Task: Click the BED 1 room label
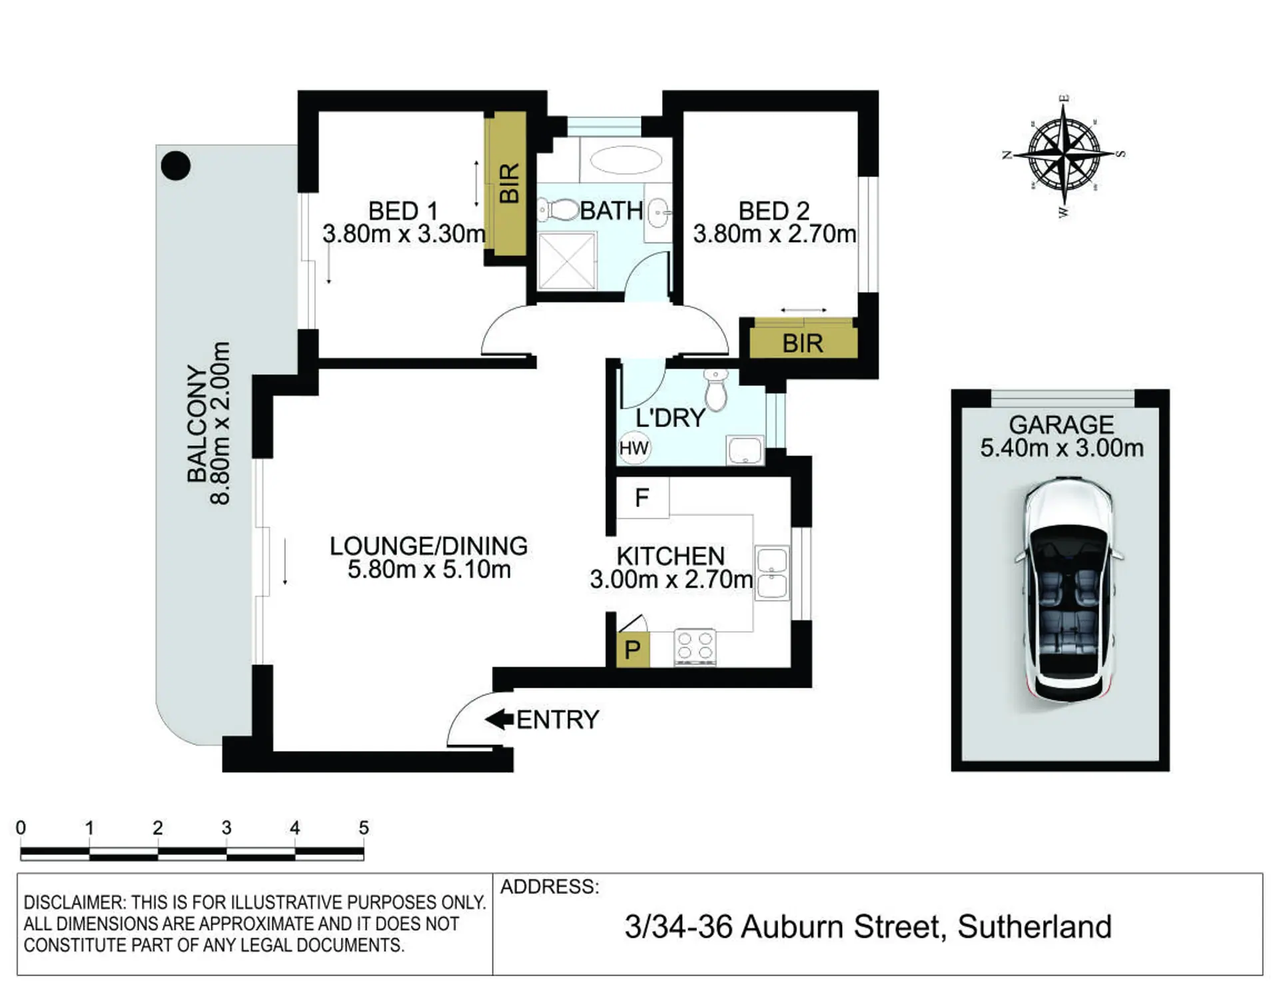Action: [x=403, y=211]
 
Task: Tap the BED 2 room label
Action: [x=774, y=211]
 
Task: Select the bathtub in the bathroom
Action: [x=626, y=160]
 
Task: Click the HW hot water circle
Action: [x=634, y=448]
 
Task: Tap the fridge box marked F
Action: [x=642, y=497]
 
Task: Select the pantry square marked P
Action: [x=632, y=650]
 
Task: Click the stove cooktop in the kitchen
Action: [x=695, y=647]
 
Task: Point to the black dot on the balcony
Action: [x=176, y=166]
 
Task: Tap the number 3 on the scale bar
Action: [x=226, y=828]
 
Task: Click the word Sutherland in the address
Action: [x=1035, y=926]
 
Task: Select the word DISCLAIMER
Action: [x=74, y=902]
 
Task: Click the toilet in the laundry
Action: [x=715, y=390]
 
